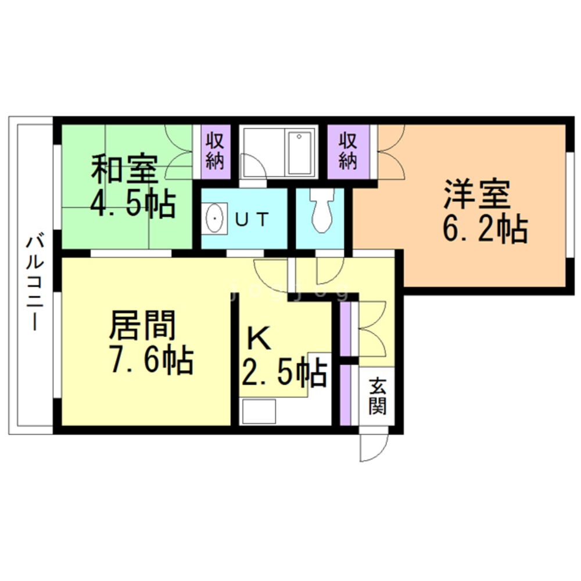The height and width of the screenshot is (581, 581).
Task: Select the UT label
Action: coord(253,220)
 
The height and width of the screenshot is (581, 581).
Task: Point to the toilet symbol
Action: coord(321,212)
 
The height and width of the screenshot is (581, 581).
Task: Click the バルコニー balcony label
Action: coord(35,281)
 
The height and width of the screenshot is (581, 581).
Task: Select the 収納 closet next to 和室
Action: coord(214,151)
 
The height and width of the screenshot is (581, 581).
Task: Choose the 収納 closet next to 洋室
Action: coord(347,151)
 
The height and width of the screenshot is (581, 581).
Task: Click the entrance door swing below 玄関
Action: coord(372,445)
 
